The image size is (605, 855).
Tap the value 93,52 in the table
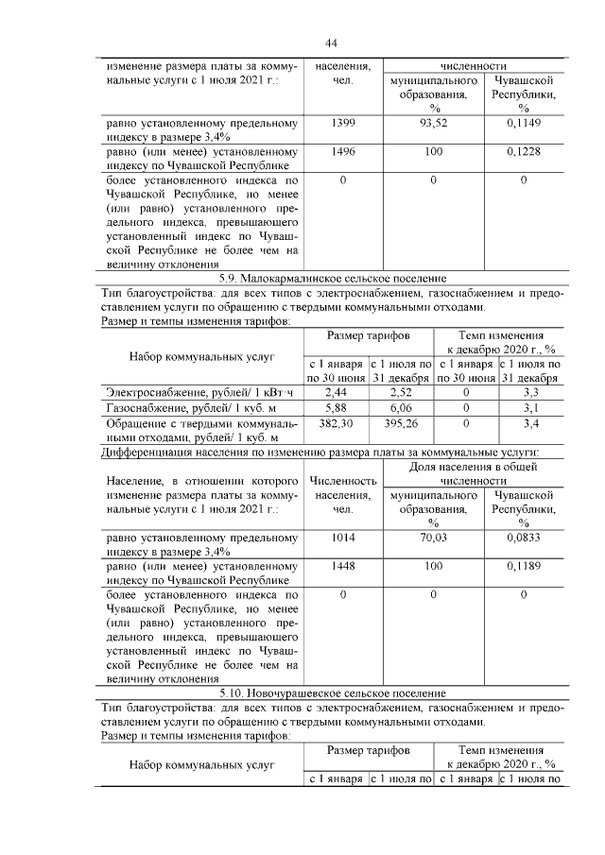point(433,124)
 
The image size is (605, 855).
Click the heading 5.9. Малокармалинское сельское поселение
point(331,278)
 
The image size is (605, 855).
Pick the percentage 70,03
point(433,539)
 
